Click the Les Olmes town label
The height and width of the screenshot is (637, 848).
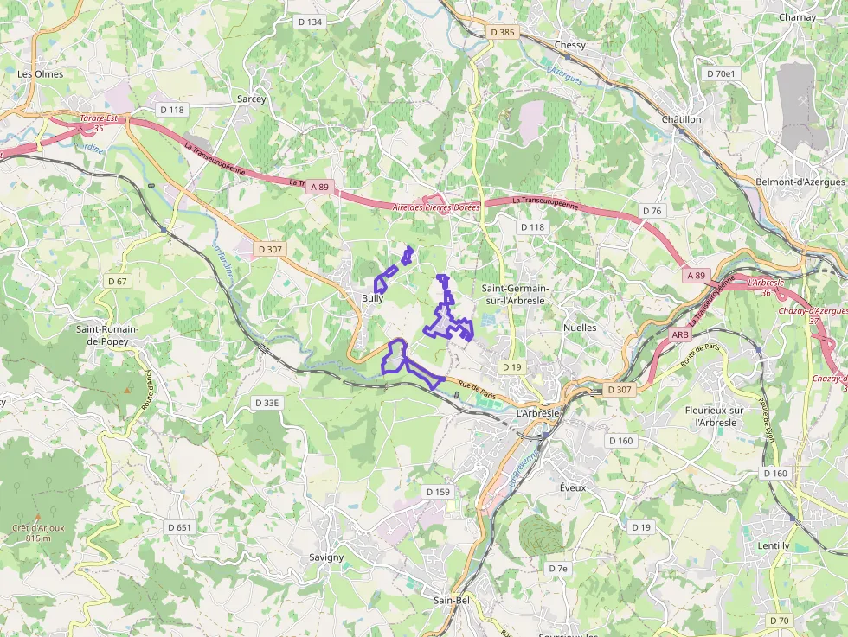(x=41, y=74)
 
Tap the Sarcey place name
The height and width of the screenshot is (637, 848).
(x=252, y=99)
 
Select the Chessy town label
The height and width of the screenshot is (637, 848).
(x=570, y=45)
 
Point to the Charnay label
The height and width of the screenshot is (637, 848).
(x=797, y=17)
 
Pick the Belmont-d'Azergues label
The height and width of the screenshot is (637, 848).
(x=800, y=182)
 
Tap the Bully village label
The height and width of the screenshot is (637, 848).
(x=372, y=298)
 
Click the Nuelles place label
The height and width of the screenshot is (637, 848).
(x=580, y=328)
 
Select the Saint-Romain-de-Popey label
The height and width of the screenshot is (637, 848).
(x=108, y=335)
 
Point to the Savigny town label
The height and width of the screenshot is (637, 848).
(x=326, y=557)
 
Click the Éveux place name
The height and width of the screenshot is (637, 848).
(x=572, y=487)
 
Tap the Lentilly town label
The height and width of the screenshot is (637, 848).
(x=773, y=545)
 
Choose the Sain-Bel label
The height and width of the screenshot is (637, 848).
(x=452, y=599)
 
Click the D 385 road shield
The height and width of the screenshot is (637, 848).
(x=502, y=32)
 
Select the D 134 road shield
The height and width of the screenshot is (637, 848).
(x=309, y=22)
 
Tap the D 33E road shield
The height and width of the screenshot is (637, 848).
(x=267, y=403)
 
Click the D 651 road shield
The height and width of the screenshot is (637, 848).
(x=179, y=527)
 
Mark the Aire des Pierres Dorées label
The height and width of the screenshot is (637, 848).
(x=436, y=207)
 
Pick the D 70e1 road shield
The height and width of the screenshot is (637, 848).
(x=721, y=74)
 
